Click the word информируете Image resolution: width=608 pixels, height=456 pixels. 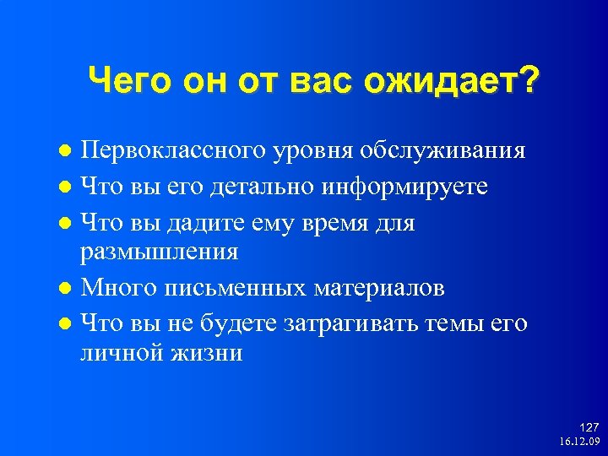(405, 187)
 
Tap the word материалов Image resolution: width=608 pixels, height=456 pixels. (379, 288)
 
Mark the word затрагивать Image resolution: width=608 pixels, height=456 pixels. (353, 323)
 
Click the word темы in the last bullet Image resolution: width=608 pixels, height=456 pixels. (460, 323)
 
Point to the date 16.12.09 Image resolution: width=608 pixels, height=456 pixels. (578, 442)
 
